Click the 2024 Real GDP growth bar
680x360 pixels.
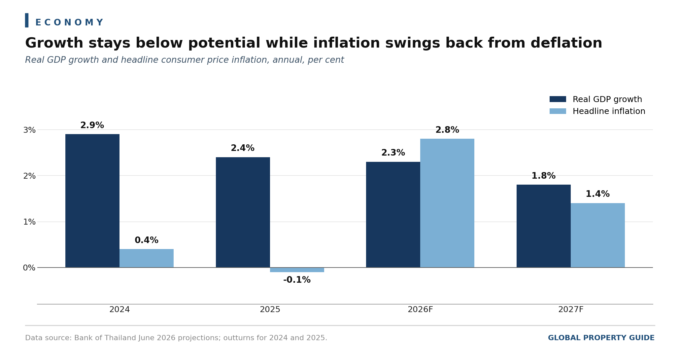tap(92, 201)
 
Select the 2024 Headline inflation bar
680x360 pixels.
tap(147, 258)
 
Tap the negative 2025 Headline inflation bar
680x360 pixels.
tap(297, 270)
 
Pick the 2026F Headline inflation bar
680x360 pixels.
tap(447, 203)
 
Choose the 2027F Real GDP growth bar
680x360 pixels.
tap(544, 226)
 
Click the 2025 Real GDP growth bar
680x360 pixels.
tap(243, 212)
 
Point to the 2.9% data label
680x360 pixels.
tap(92, 126)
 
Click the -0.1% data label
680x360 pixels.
tap(297, 280)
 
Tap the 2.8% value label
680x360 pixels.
tap(447, 130)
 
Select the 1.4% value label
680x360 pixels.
tap(598, 194)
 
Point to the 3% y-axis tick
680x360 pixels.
tap(29, 130)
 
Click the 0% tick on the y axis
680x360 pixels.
tap(29, 268)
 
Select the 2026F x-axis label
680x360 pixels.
tap(420, 310)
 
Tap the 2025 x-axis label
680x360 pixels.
tap(270, 310)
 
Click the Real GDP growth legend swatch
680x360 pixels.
tap(558, 99)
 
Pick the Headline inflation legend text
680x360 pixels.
tap(609, 112)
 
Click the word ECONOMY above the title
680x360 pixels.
tap(69, 23)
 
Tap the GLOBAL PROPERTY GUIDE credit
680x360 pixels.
tap(601, 338)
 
